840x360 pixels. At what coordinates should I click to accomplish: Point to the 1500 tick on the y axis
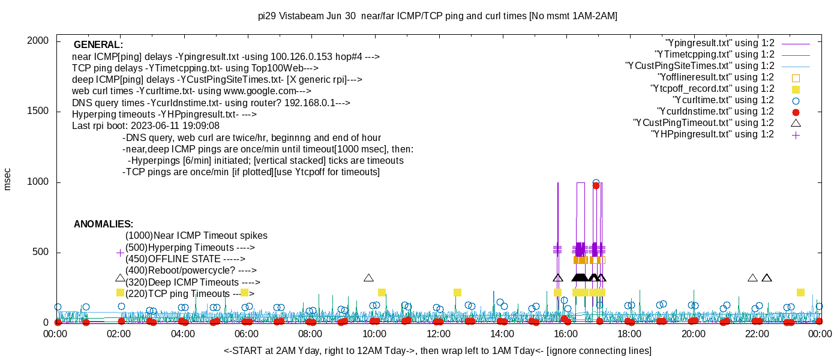(40, 112)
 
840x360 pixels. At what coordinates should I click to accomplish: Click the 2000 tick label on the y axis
(40, 41)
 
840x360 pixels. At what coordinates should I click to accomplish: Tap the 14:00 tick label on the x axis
(502, 334)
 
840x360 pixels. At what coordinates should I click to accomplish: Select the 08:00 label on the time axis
(310, 334)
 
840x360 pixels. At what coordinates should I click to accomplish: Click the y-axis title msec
(8, 179)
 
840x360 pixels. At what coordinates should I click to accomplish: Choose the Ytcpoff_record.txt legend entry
(712, 89)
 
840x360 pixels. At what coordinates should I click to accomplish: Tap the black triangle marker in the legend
(796, 123)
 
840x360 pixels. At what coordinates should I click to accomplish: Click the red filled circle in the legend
(796, 112)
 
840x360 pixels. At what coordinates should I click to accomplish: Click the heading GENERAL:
(98, 45)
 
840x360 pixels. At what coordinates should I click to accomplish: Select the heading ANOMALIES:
(103, 224)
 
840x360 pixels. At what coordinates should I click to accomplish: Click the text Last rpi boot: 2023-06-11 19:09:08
(146, 126)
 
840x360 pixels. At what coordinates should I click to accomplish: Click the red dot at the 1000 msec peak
(596, 185)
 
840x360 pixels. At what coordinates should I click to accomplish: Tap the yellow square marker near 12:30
(457, 292)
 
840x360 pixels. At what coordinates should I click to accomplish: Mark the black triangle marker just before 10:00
(368, 278)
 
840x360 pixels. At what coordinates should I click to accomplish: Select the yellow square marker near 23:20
(800, 292)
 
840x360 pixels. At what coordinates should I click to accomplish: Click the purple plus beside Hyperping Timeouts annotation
(120, 253)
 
